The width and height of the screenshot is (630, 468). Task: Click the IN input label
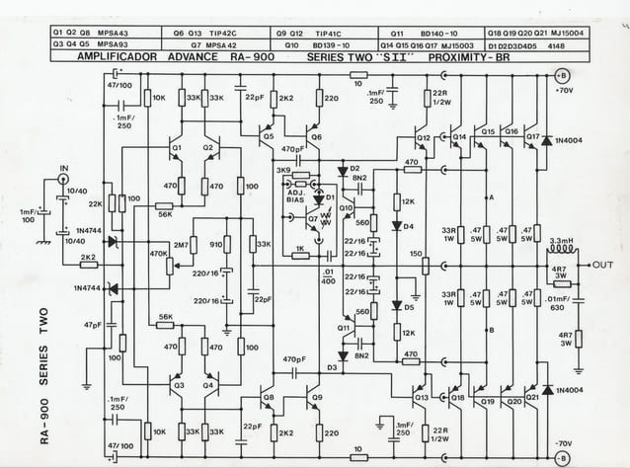(x=65, y=168)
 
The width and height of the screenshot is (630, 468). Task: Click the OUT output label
(x=603, y=266)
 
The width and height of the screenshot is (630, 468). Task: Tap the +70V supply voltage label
(x=565, y=91)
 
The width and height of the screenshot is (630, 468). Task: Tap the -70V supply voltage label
(x=565, y=443)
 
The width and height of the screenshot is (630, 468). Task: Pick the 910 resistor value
(x=216, y=243)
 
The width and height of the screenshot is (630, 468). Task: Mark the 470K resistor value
(x=157, y=254)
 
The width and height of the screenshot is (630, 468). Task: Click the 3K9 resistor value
(x=283, y=170)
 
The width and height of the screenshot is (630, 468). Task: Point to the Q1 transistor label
(x=177, y=147)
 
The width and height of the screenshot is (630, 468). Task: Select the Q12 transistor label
(x=423, y=137)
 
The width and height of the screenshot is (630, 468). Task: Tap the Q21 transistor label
(x=532, y=402)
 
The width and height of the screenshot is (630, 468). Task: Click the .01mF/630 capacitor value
(x=559, y=303)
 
